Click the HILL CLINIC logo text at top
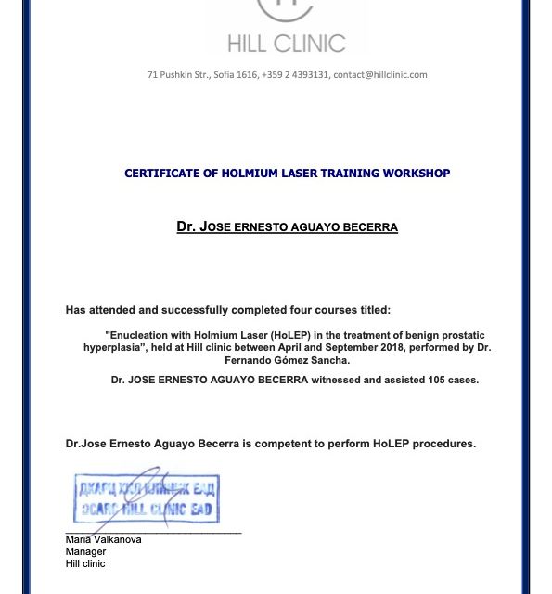(286, 43)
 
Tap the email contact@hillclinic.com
(380, 75)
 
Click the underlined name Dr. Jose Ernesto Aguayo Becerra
(287, 227)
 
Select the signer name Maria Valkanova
(103, 540)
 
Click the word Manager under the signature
(85, 552)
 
